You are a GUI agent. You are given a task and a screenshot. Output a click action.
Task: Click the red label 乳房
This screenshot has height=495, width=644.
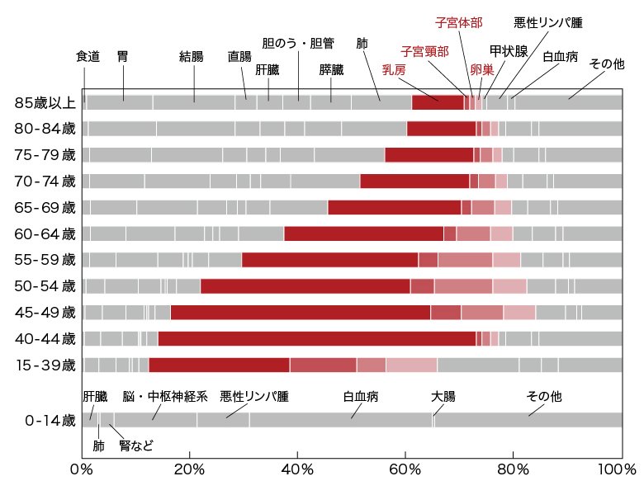[x=394, y=70]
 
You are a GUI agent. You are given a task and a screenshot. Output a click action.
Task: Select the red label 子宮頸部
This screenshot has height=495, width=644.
[x=424, y=51]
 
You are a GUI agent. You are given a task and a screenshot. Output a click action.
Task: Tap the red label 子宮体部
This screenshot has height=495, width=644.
[x=459, y=22]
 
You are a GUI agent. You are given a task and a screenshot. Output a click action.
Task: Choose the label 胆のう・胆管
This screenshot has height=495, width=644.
[x=298, y=42]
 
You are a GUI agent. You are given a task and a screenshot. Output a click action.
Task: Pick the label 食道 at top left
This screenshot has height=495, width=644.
[x=88, y=57]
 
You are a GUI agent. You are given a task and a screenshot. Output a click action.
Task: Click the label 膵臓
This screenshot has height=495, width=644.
[x=332, y=70]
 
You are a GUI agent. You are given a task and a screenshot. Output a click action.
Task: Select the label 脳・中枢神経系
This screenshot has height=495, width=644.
[x=165, y=397]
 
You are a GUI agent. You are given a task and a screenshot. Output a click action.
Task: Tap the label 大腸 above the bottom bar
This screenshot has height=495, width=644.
[x=443, y=397]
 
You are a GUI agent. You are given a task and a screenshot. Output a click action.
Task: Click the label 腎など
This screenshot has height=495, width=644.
[x=136, y=446]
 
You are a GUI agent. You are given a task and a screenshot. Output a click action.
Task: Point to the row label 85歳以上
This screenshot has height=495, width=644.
[x=45, y=103]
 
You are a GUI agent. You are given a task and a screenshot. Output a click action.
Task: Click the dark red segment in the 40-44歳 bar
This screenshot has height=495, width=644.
[x=316, y=338]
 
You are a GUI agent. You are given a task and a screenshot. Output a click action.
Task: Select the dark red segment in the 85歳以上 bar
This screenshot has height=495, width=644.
[x=438, y=103]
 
